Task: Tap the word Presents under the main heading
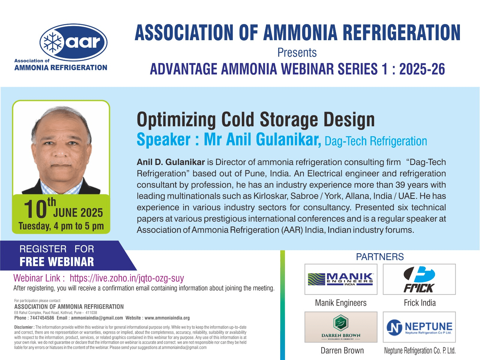[297, 53]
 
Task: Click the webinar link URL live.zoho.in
[127, 278]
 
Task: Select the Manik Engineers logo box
[341, 279]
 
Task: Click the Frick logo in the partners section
[419, 279]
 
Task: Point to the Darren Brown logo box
[341, 327]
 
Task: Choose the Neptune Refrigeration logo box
[419, 327]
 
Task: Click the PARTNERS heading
[379, 257]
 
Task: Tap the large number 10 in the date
[35, 209]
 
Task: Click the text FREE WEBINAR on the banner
[57, 262]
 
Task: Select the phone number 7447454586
[42, 318]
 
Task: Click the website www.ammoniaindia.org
[167, 318]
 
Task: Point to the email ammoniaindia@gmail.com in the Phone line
[97, 318]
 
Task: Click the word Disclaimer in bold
[23, 327]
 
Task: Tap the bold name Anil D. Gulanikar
[171, 162]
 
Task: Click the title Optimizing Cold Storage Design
[256, 120]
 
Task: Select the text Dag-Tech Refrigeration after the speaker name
[376, 141]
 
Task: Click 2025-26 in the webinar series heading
[422, 69]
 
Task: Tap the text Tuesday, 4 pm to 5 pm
[61, 226]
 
